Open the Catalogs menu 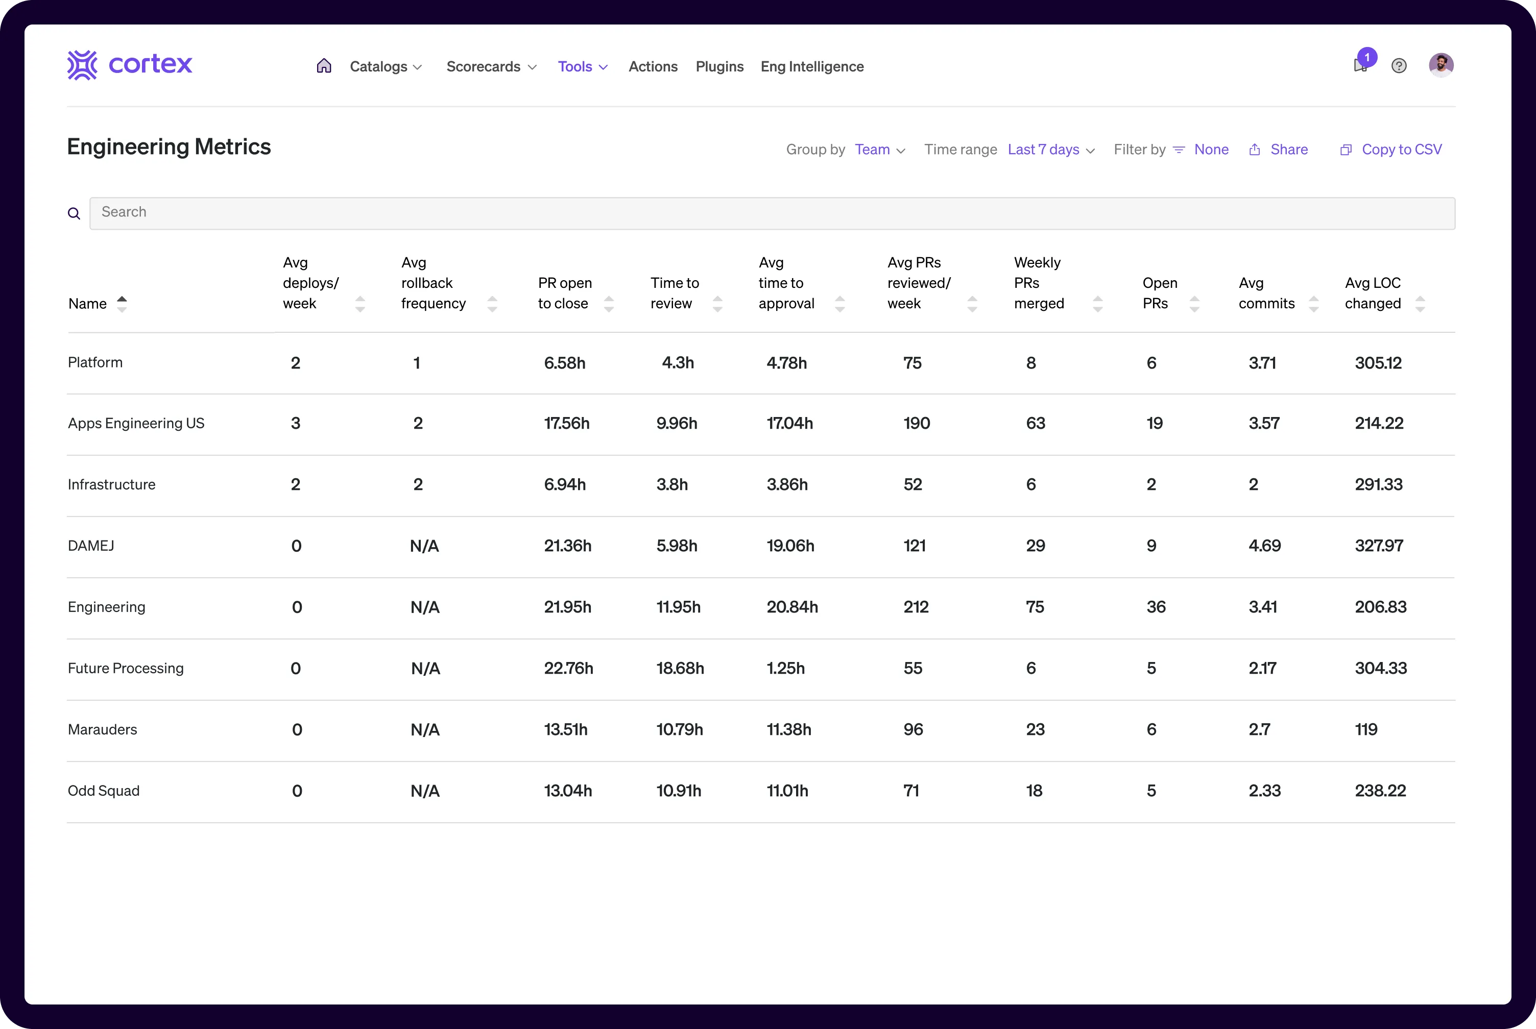[x=386, y=67]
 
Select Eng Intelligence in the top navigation [x=812, y=67]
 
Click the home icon [x=324, y=66]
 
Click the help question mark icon [x=1399, y=66]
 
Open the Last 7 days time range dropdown [x=1051, y=150]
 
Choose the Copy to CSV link [x=1401, y=150]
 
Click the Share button [x=1288, y=150]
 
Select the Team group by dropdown [x=880, y=150]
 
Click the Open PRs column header [x=1160, y=293]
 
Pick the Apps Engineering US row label [x=136, y=423]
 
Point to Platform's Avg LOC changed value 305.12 [x=1378, y=363]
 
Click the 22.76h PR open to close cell [x=568, y=668]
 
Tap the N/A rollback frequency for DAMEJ [x=424, y=546]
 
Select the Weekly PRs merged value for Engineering [x=1035, y=607]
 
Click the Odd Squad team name [x=104, y=791]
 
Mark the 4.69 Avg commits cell [x=1264, y=546]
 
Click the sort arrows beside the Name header [x=122, y=304]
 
